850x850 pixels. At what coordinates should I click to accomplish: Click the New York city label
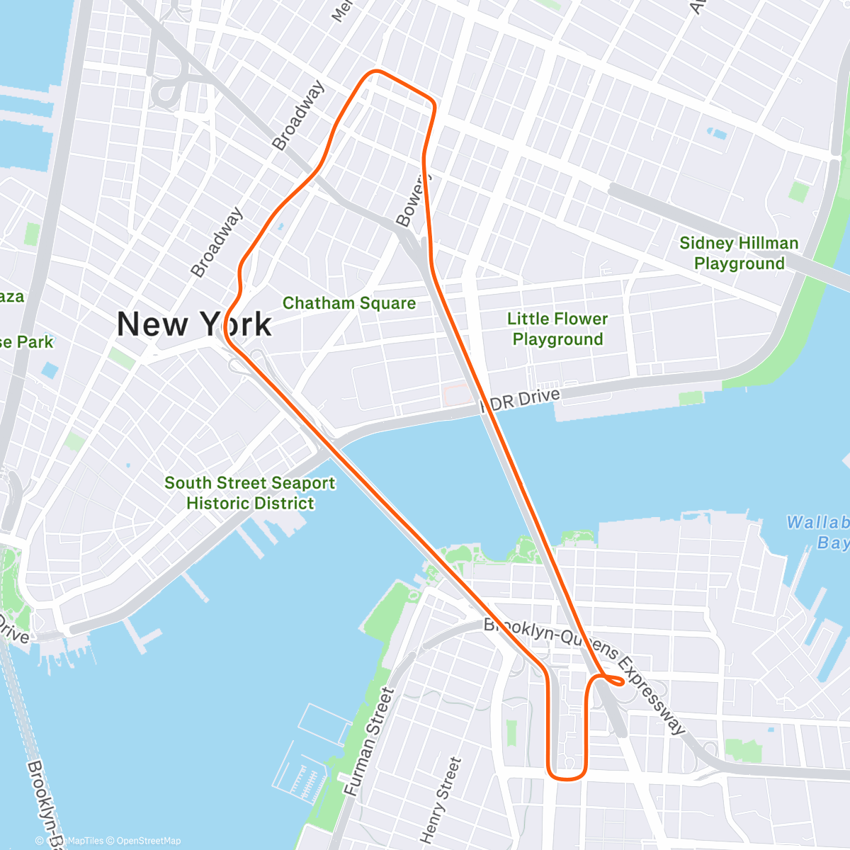click(193, 324)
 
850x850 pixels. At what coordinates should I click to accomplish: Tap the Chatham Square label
click(348, 303)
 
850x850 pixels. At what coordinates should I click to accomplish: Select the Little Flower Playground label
click(557, 329)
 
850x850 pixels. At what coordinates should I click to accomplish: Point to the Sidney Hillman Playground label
click(739, 253)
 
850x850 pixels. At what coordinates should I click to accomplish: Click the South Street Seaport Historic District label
click(250, 493)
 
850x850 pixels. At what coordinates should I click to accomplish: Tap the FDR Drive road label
click(521, 400)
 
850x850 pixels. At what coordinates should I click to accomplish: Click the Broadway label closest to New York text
click(217, 242)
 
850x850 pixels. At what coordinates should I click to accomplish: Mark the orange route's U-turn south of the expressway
click(567, 776)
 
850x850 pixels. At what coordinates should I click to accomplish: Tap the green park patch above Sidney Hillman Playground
click(798, 192)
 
